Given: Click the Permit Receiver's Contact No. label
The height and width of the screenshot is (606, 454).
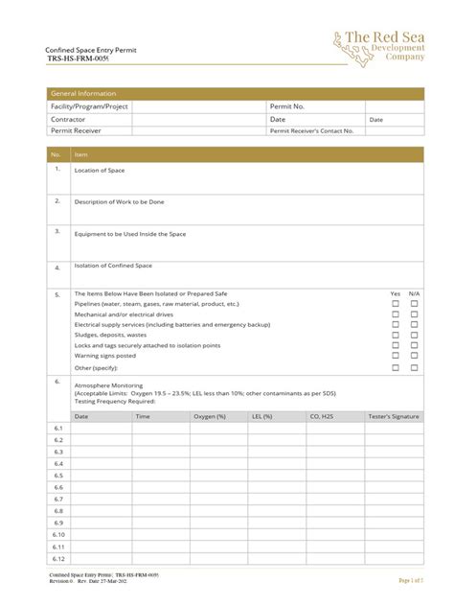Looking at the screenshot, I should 311,130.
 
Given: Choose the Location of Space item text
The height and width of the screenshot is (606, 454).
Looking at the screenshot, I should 100,170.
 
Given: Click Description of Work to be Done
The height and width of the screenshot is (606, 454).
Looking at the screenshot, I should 119,201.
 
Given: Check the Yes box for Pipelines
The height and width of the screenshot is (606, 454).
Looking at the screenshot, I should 395,303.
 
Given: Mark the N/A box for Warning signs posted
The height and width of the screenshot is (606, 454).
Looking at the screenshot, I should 415,356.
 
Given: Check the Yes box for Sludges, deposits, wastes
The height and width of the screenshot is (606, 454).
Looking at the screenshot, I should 395,335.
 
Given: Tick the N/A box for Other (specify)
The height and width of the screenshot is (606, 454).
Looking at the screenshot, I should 415,367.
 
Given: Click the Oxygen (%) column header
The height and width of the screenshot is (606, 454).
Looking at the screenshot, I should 210,416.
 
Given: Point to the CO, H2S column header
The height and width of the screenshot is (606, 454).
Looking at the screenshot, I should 322,416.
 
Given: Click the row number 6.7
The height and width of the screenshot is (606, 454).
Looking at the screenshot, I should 57,499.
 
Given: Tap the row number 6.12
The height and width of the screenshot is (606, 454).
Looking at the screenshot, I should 58,558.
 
